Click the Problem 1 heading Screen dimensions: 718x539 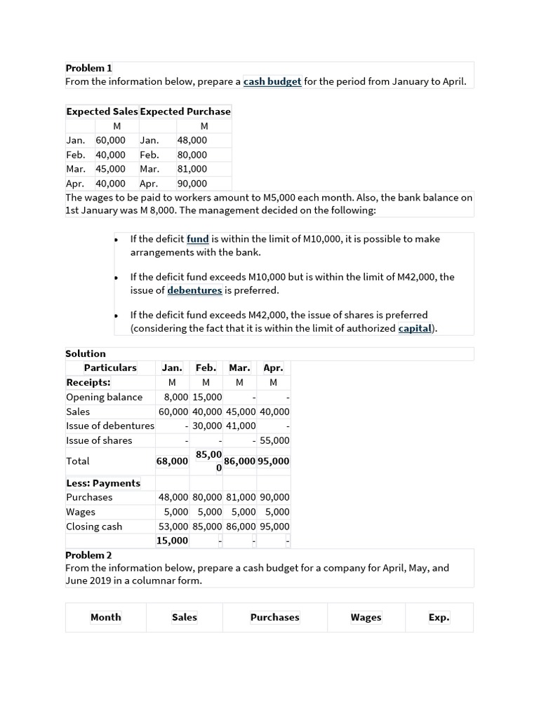[x=88, y=68]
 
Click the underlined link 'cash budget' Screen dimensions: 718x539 [x=272, y=81]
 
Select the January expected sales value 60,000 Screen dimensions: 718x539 [x=110, y=140]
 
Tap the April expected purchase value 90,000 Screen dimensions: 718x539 [x=192, y=184]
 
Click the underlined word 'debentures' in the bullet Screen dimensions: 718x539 [x=194, y=290]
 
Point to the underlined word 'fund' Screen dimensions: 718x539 [x=198, y=239]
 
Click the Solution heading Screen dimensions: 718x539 [x=86, y=353]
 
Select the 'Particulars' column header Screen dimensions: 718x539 [x=110, y=367]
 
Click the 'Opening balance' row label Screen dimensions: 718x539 [x=104, y=397]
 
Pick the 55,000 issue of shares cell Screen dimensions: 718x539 [x=274, y=440]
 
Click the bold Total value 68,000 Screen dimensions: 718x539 [x=172, y=461]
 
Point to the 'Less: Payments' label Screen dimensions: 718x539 [x=103, y=483]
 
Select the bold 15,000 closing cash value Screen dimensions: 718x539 [x=172, y=540]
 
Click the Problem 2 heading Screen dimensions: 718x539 [x=88, y=555]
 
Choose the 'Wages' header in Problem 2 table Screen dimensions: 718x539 [x=366, y=618]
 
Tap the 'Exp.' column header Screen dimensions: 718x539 [x=439, y=618]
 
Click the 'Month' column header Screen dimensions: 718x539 [x=106, y=618]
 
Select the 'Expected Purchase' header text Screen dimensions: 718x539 [x=185, y=111]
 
